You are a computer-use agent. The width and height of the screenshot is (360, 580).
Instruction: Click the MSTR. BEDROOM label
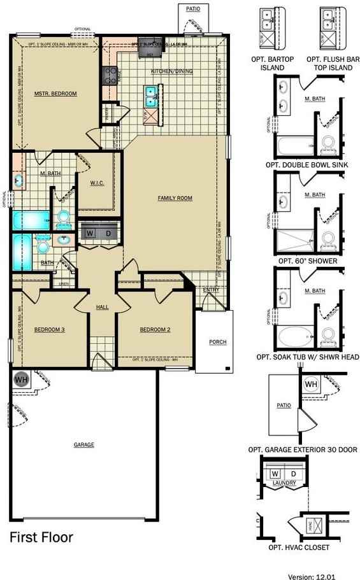[x=55, y=94]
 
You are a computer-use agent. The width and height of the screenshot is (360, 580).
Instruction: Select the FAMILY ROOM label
[x=175, y=199]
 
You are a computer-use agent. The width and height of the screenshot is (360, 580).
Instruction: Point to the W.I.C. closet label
[x=97, y=183]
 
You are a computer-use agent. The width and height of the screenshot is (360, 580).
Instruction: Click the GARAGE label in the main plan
[x=83, y=445]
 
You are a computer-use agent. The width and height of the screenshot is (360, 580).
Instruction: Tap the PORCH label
[x=217, y=343]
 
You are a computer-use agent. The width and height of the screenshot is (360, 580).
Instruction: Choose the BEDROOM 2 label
[x=155, y=329]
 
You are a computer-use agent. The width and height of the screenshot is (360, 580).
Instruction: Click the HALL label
[x=103, y=308]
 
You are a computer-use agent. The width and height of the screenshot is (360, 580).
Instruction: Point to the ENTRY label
[x=211, y=290]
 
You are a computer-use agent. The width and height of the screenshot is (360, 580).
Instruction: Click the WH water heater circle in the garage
[x=20, y=378]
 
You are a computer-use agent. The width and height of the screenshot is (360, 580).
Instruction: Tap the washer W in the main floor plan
[x=90, y=234]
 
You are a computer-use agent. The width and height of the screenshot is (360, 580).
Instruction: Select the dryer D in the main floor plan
[x=108, y=234]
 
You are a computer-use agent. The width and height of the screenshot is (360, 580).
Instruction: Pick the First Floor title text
[x=41, y=538]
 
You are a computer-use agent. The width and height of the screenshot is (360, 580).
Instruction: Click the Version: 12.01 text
[x=311, y=576]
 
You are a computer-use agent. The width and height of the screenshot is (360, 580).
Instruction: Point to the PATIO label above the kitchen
[x=193, y=10]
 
